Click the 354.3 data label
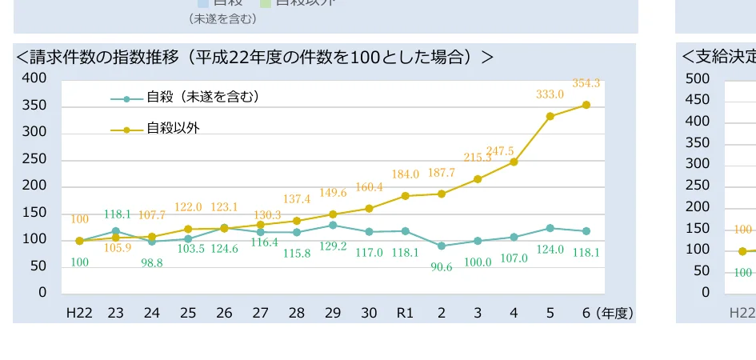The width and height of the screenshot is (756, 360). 586,83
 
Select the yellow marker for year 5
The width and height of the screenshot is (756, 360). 550,116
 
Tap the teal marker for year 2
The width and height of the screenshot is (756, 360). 442,246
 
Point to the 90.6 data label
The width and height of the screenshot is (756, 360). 442,267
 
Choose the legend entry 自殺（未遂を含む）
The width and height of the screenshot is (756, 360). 202,98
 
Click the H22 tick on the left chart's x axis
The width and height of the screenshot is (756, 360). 79,313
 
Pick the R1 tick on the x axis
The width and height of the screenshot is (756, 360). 406,313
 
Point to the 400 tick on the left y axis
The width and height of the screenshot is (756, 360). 34,78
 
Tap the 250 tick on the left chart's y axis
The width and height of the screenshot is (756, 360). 34,159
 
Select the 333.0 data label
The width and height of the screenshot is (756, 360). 550,94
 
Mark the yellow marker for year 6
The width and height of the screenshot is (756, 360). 586,105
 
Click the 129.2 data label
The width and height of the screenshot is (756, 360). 333,246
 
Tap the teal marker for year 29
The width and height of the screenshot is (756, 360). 333,226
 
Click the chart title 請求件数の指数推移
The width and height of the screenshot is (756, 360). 254,57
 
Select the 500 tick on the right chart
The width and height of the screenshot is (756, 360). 698,78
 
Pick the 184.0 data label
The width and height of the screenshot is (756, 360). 405,174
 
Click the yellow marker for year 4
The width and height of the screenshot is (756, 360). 514,162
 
